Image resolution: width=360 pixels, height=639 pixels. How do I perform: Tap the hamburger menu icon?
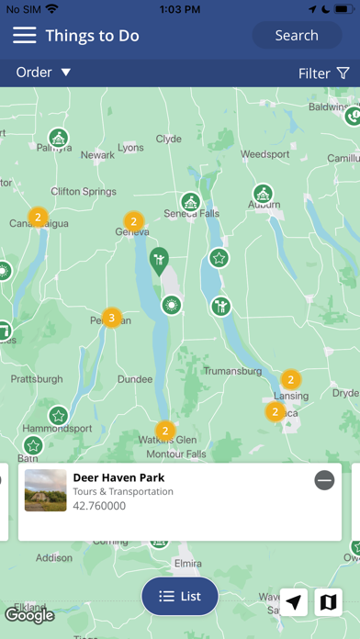coord(25,36)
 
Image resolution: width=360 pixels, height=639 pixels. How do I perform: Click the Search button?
coord(297,36)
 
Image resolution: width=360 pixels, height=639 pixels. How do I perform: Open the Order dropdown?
coord(43,73)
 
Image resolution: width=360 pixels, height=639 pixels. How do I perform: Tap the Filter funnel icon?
coord(343,73)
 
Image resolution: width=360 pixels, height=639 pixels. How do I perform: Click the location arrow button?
coord(294,602)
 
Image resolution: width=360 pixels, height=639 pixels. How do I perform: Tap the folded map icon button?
coord(328,602)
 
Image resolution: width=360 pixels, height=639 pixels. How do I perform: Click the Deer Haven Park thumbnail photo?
coord(46,491)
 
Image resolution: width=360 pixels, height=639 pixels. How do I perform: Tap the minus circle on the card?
coord(324,480)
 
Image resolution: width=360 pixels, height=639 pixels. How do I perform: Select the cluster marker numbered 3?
coord(111,319)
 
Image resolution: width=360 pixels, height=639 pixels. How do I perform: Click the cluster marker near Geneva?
coord(133,221)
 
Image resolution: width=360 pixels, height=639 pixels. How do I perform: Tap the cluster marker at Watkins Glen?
coord(165,430)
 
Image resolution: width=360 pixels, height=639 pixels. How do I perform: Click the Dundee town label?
coord(135,378)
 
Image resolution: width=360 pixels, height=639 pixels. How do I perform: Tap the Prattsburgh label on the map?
coord(38,378)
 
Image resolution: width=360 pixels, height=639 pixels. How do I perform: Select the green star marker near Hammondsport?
coord(59,417)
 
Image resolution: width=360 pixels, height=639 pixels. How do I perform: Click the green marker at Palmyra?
coord(59,140)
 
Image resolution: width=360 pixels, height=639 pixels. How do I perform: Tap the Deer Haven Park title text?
coord(118,477)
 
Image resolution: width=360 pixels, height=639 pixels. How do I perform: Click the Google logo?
coord(29,615)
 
